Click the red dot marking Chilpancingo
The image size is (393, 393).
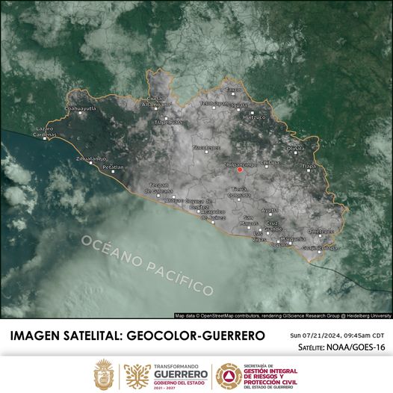(x=240, y=170)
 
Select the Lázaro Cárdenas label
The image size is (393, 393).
(x=45, y=131)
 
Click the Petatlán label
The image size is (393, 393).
(x=113, y=167)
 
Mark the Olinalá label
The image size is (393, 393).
(x=296, y=149)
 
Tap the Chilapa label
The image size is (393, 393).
(x=270, y=163)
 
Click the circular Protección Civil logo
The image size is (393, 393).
(x=228, y=374)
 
